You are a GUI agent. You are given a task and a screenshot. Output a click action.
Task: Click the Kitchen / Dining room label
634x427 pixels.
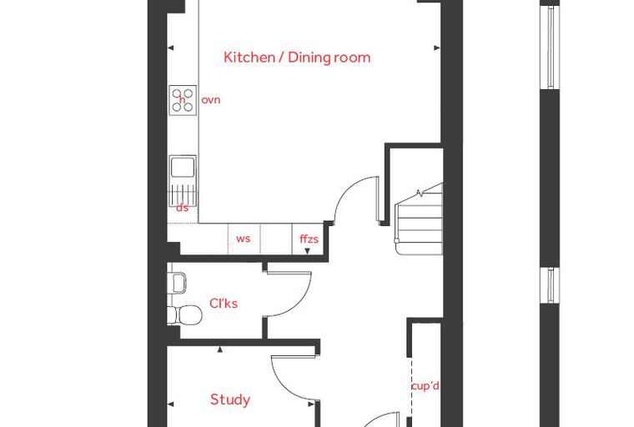coord(297,58)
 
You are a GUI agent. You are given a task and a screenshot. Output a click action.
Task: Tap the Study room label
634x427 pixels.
coord(230,399)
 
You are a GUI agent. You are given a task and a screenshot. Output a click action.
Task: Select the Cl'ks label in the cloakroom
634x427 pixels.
coord(224,304)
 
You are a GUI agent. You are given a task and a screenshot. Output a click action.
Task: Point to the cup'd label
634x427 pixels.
coord(425,386)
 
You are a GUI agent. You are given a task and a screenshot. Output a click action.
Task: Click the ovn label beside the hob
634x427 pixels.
coord(211,100)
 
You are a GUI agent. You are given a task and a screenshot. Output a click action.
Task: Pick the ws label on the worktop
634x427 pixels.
coord(243,239)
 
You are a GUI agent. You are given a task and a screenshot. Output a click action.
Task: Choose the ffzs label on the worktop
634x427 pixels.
coord(309,239)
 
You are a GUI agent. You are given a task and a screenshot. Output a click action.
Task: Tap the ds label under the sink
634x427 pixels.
coord(183,208)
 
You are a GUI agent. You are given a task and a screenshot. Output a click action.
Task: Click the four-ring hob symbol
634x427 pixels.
coord(183,100)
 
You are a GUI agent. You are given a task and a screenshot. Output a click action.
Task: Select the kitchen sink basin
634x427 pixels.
coord(183,168)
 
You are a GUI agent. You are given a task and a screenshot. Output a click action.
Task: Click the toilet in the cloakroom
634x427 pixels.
coord(185,315)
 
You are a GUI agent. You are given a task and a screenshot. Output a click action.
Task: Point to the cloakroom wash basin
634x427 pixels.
coord(179,283)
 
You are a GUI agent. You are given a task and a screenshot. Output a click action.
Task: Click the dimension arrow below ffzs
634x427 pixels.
coord(307,251)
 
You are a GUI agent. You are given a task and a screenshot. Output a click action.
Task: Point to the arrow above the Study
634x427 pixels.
coord(220,349)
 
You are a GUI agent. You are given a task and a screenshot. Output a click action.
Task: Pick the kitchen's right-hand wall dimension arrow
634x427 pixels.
coord(436,48)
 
